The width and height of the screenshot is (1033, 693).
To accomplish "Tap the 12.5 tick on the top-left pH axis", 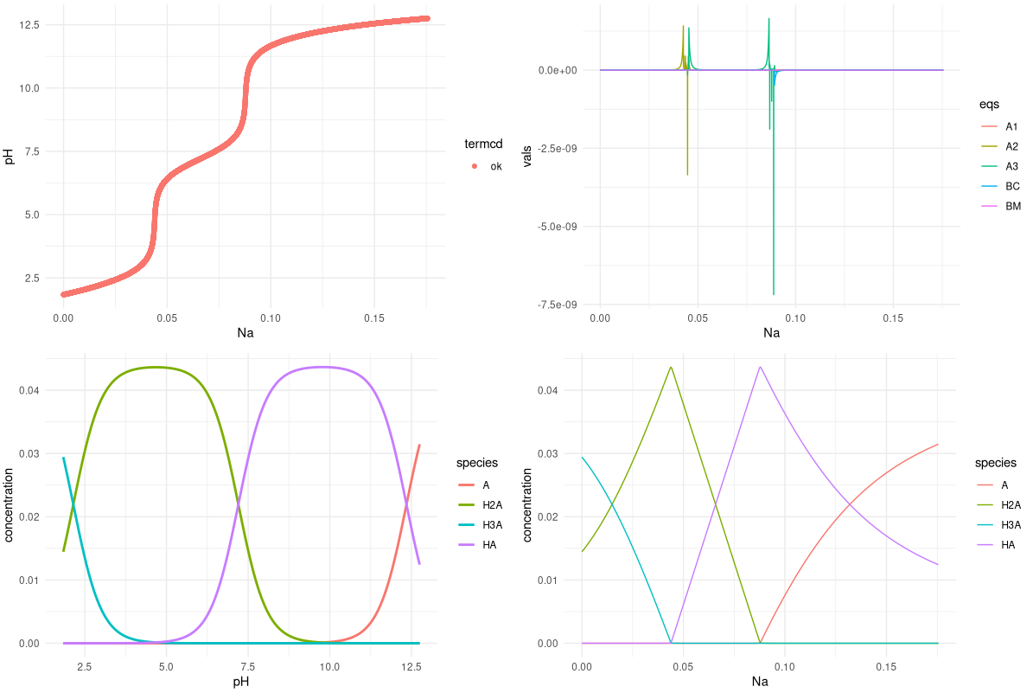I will coord(29,24).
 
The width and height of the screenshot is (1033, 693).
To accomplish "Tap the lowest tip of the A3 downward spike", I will coord(773,295).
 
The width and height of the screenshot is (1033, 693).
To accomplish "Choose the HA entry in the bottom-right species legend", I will coord(1007,544).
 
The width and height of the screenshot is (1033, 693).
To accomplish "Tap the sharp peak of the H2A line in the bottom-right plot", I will coord(671,367).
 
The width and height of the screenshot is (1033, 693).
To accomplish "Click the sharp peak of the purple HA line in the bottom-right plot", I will coord(760,367).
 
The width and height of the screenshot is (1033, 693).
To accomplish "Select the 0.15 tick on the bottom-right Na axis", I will coord(886,667).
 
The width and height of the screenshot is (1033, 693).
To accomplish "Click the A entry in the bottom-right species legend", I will coord(1004,484).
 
